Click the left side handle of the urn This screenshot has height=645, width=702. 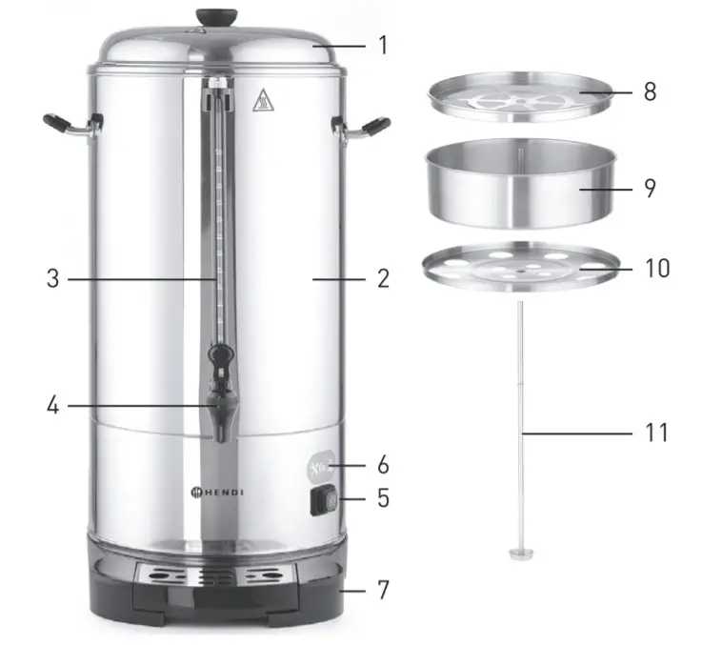[x=67, y=126]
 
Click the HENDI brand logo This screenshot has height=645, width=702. [x=218, y=492]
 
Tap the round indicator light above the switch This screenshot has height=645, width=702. [x=322, y=466]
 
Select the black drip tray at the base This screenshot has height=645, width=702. [x=219, y=580]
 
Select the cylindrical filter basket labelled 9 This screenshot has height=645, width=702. [x=520, y=187]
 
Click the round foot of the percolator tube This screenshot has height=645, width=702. [x=521, y=554]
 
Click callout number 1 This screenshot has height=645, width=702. [x=383, y=45]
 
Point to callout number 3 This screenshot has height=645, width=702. [x=53, y=279]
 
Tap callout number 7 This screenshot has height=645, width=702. [x=383, y=590]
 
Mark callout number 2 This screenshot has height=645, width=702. [x=383, y=279]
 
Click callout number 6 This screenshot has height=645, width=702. [x=383, y=465]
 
